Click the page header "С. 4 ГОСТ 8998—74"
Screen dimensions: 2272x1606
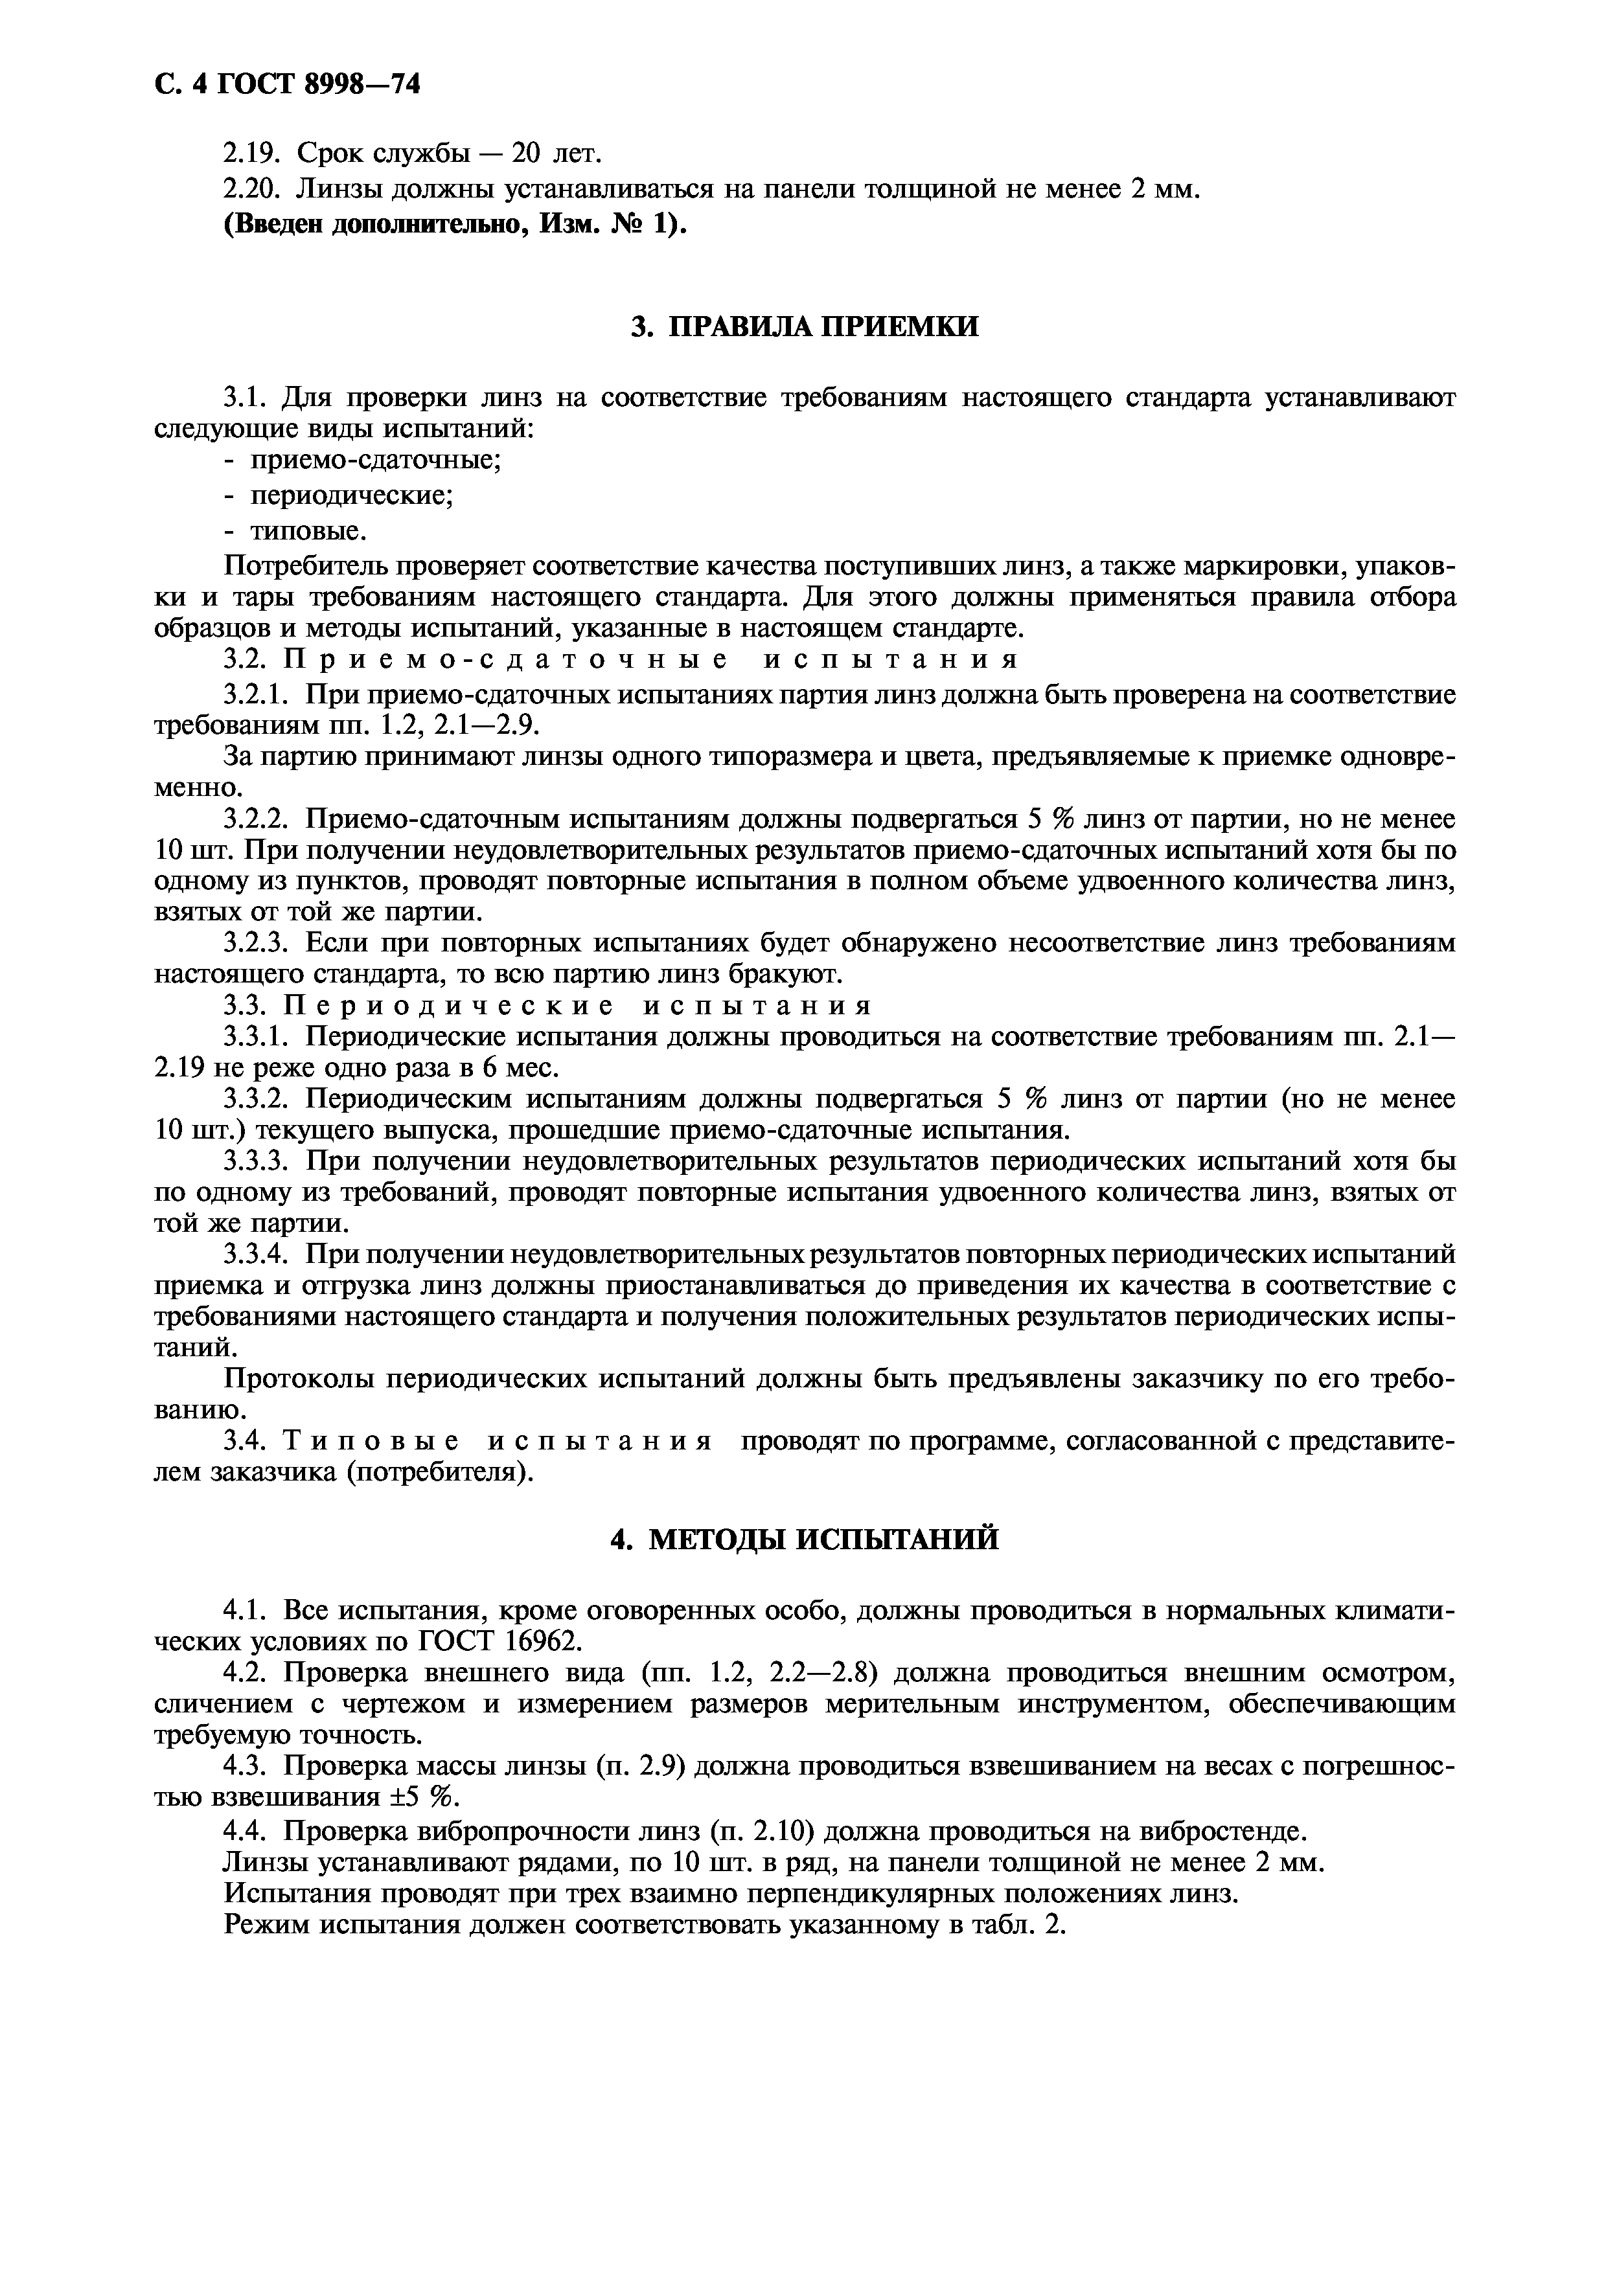pos(288,85)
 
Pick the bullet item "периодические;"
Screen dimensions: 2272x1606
pos(351,495)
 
